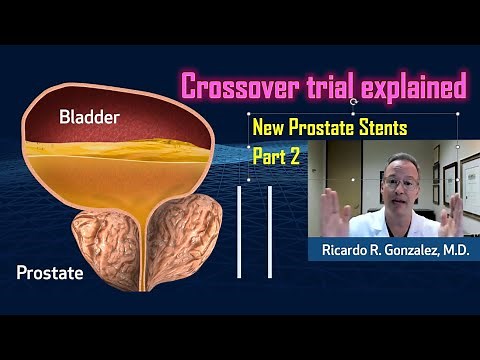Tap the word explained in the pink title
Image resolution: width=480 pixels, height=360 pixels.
point(411,87)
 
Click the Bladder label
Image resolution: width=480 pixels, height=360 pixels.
point(90,118)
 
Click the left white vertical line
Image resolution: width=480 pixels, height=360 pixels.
point(239,230)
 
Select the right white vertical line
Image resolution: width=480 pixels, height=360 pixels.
point(270,230)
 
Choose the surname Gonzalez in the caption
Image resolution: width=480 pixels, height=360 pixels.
point(410,249)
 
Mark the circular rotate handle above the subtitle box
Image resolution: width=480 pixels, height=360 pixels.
point(355,101)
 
